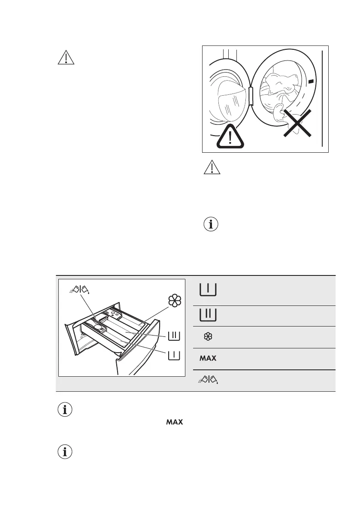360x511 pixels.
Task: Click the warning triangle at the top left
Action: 66,58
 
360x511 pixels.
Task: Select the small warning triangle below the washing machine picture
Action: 212,168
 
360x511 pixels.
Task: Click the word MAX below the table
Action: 175,423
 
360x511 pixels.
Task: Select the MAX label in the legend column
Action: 208,358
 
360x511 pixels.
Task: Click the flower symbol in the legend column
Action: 208,337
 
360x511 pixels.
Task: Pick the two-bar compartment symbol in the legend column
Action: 208,315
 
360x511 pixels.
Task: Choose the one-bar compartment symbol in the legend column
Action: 208,290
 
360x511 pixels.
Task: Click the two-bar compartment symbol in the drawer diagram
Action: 175,336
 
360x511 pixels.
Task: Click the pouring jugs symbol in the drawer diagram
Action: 79,291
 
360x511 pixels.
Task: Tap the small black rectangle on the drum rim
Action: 311,81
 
